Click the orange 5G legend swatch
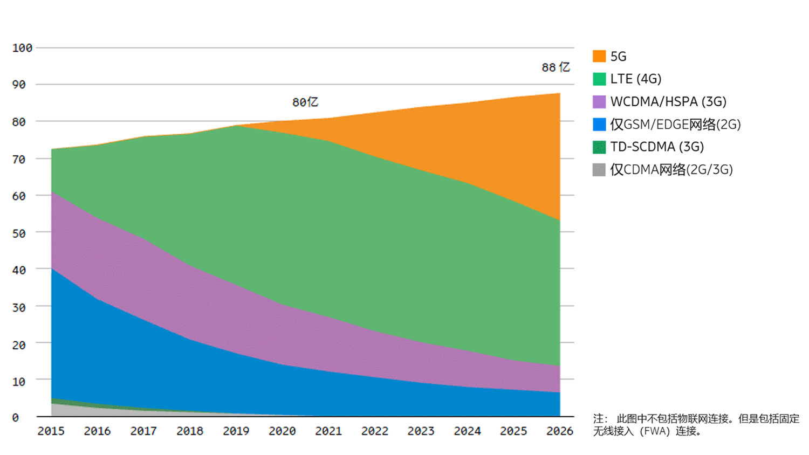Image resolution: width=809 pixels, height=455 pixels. tap(599, 56)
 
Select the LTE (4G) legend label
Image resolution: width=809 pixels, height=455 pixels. tap(635, 79)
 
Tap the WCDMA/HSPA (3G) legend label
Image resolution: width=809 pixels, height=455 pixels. tap(668, 101)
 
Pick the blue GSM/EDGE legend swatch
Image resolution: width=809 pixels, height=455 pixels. tap(599, 125)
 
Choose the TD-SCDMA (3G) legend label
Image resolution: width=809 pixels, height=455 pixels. tap(657, 147)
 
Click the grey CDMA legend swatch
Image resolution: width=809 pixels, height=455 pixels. tap(599, 170)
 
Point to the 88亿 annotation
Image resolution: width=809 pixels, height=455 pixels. tap(556, 67)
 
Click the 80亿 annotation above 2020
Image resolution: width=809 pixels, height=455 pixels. tap(305, 102)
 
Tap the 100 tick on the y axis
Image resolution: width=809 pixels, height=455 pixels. tap(22, 48)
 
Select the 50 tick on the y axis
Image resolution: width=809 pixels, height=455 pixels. tap(19, 233)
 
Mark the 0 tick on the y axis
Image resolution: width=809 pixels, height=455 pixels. tap(16, 418)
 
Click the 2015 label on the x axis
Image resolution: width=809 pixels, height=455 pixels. tap(51, 431)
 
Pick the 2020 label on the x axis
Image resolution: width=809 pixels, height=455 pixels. tap(282, 431)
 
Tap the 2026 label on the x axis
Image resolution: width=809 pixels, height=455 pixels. tap(559, 431)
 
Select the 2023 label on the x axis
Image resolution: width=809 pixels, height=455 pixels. tap(421, 431)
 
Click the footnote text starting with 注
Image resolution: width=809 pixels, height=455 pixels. tap(696, 425)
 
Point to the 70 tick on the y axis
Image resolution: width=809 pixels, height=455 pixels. tap(19, 160)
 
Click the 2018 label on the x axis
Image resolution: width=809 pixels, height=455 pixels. tap(190, 431)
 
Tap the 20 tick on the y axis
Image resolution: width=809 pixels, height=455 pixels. tap(19, 345)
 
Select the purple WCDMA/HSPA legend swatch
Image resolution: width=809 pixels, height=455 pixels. tap(599, 102)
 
